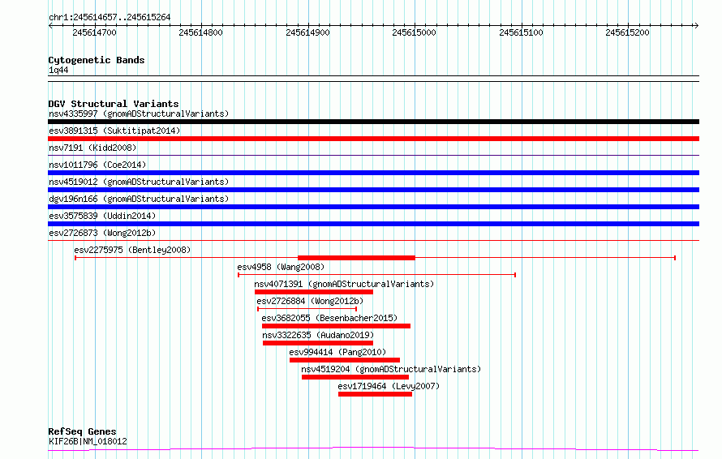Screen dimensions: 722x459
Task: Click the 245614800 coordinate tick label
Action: (x=200, y=32)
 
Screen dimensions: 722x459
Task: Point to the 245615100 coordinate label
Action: (x=521, y=32)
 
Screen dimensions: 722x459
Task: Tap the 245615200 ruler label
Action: (x=627, y=32)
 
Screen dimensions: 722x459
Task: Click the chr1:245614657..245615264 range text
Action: (x=110, y=17)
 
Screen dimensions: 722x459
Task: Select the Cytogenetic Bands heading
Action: (x=97, y=60)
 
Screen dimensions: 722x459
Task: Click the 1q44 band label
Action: (x=58, y=70)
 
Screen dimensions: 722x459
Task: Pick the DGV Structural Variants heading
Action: (x=114, y=104)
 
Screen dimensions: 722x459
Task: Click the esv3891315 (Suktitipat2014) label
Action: (x=114, y=131)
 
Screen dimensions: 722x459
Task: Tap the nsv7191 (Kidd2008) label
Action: (x=92, y=148)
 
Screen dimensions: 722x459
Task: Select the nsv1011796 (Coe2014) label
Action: (x=97, y=165)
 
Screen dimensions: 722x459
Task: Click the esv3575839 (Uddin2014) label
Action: (x=102, y=216)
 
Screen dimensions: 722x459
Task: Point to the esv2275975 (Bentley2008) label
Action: (x=132, y=250)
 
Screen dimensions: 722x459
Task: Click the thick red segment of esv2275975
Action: (x=356, y=258)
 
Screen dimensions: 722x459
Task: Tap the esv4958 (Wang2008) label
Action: (x=281, y=267)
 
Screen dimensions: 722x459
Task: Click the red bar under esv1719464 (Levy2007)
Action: (x=375, y=394)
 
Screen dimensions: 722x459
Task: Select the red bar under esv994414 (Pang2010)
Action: (x=345, y=360)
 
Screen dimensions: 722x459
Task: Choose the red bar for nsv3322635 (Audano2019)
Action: (x=318, y=343)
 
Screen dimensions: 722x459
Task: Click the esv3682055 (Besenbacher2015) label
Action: (x=329, y=318)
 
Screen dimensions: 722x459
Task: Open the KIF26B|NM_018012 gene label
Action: (x=88, y=441)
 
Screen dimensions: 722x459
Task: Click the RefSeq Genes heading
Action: (x=83, y=431)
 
